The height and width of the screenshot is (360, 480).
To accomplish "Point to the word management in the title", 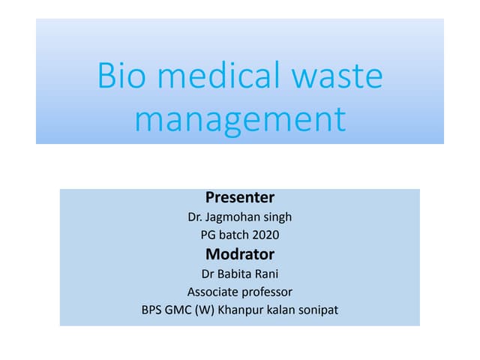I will [240, 119].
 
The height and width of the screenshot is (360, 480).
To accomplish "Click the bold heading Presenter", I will [240, 198].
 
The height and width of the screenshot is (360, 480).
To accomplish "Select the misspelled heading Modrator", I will [240, 253].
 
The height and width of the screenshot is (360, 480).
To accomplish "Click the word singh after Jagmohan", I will [277, 217].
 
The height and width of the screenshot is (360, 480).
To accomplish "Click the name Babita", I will [235, 273].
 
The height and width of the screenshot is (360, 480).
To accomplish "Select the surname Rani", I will [267, 273].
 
